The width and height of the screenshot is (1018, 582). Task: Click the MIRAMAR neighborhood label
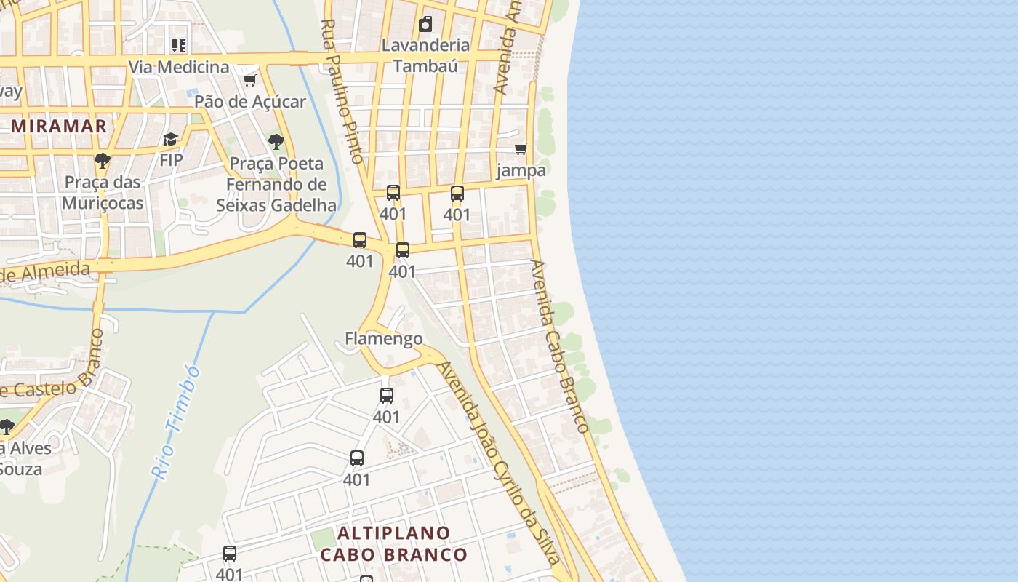59,126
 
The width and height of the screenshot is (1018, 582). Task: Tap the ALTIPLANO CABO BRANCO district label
394,543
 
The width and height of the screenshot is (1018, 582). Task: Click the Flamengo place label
383,338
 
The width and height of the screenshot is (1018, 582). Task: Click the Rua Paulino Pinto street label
342,91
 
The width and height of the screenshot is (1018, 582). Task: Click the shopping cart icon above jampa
521,149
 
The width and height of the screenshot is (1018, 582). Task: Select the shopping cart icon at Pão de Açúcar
249,80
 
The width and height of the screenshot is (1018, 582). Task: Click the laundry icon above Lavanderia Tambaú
425,25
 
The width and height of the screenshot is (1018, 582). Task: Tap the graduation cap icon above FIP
171,139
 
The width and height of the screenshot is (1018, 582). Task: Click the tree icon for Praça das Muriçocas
103,161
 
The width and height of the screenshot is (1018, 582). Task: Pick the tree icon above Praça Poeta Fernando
276,142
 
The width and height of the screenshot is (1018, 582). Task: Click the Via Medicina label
179,68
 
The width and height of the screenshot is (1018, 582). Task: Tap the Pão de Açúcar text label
250,102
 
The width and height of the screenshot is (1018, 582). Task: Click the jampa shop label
521,171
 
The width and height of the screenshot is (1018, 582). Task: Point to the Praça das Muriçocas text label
103,192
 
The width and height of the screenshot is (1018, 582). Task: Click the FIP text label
171,160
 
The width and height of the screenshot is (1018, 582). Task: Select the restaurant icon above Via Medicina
179,46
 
